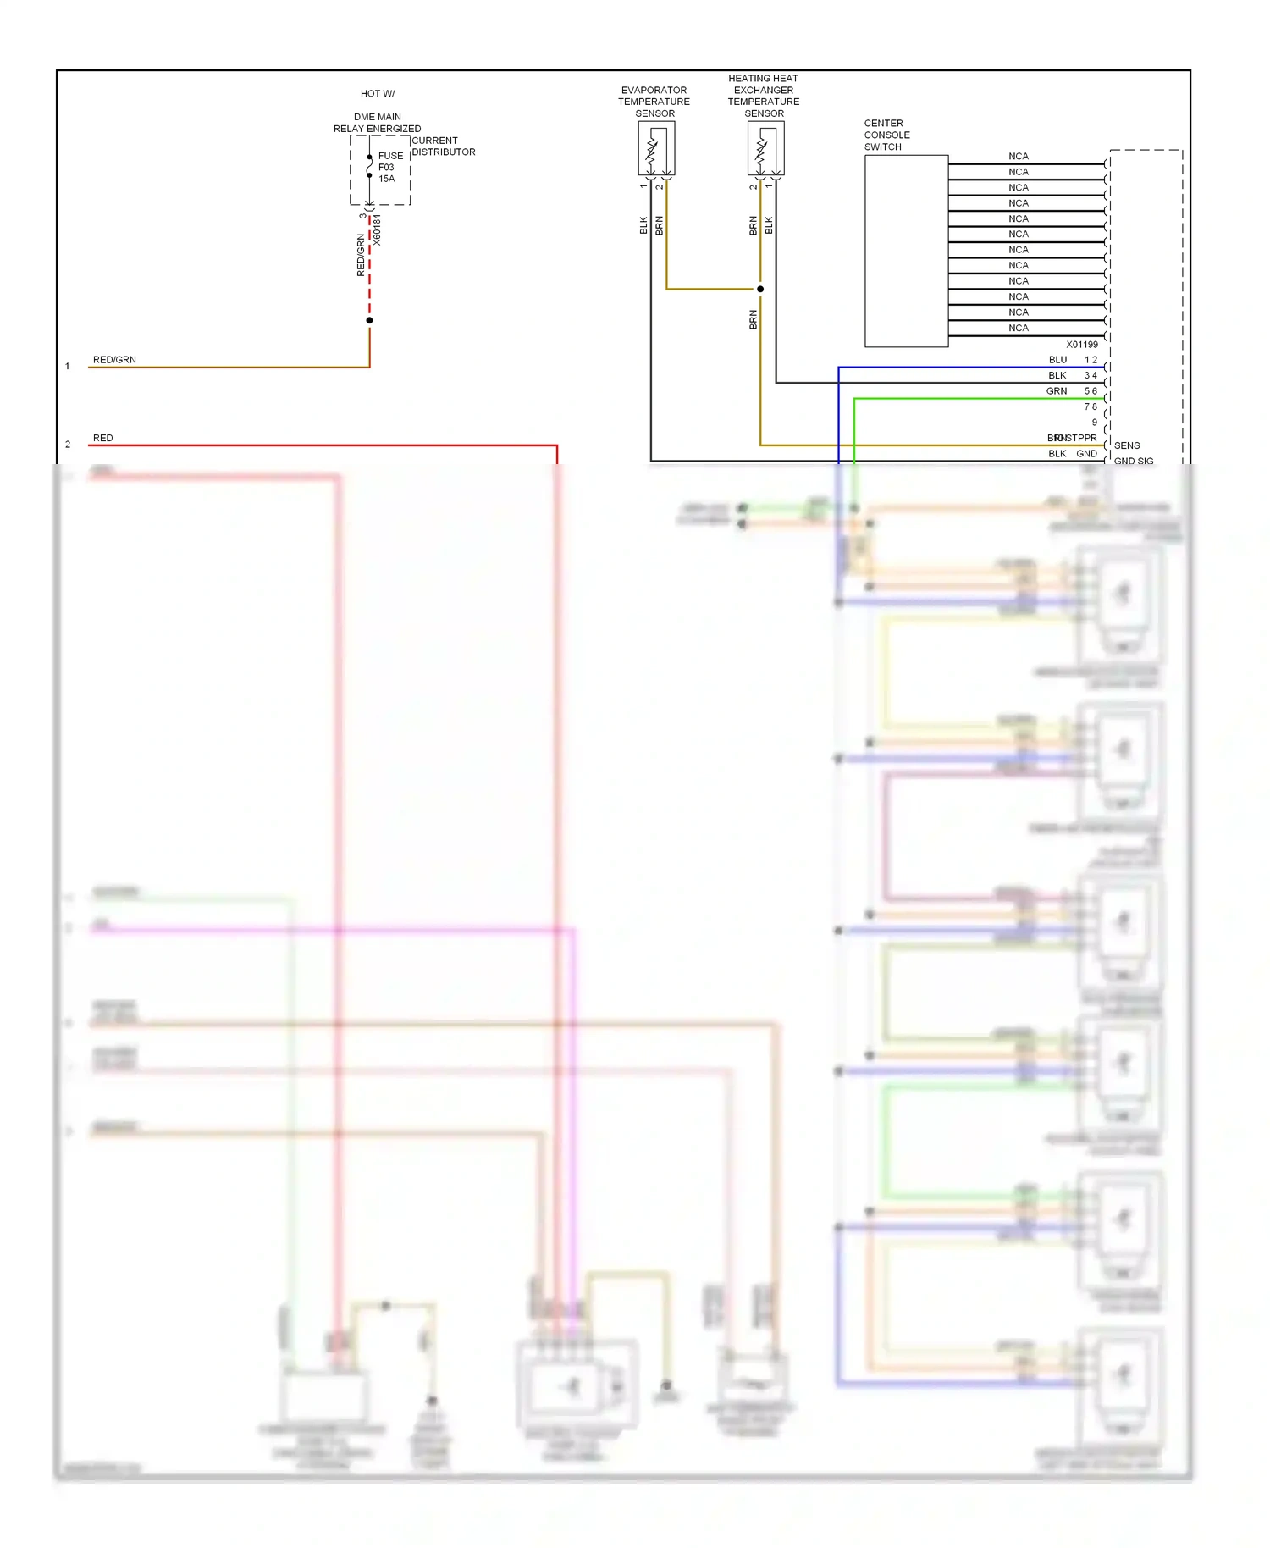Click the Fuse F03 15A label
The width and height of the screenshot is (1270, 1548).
pos(389,167)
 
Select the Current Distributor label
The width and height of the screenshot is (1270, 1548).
pos(443,147)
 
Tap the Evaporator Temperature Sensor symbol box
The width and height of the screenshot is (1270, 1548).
pos(656,148)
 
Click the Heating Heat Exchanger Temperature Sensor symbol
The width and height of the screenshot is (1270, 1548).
pos(765,148)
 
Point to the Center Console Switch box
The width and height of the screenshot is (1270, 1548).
pos(906,251)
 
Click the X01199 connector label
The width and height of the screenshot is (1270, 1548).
pos(1081,345)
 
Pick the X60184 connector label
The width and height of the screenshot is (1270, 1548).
pos(378,230)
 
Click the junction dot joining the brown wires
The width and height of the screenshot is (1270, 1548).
pos(760,290)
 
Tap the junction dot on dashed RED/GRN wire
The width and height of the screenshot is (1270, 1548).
pos(369,320)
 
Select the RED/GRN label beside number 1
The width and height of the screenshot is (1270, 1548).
pos(114,360)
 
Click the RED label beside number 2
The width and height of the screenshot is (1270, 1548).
pos(102,438)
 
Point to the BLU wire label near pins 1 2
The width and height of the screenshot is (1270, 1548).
pos(1057,360)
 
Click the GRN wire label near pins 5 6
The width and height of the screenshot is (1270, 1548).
pos(1056,391)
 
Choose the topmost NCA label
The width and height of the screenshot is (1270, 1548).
pos(1018,157)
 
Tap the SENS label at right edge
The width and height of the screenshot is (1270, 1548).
pos(1126,445)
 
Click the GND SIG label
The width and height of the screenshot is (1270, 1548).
pos(1133,462)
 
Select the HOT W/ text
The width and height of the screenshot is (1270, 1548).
pos(378,94)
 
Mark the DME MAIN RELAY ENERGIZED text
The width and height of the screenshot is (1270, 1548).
pos(377,123)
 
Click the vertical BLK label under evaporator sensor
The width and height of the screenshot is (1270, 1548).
pos(643,225)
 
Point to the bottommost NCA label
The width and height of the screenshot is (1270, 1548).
pos(1018,329)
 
